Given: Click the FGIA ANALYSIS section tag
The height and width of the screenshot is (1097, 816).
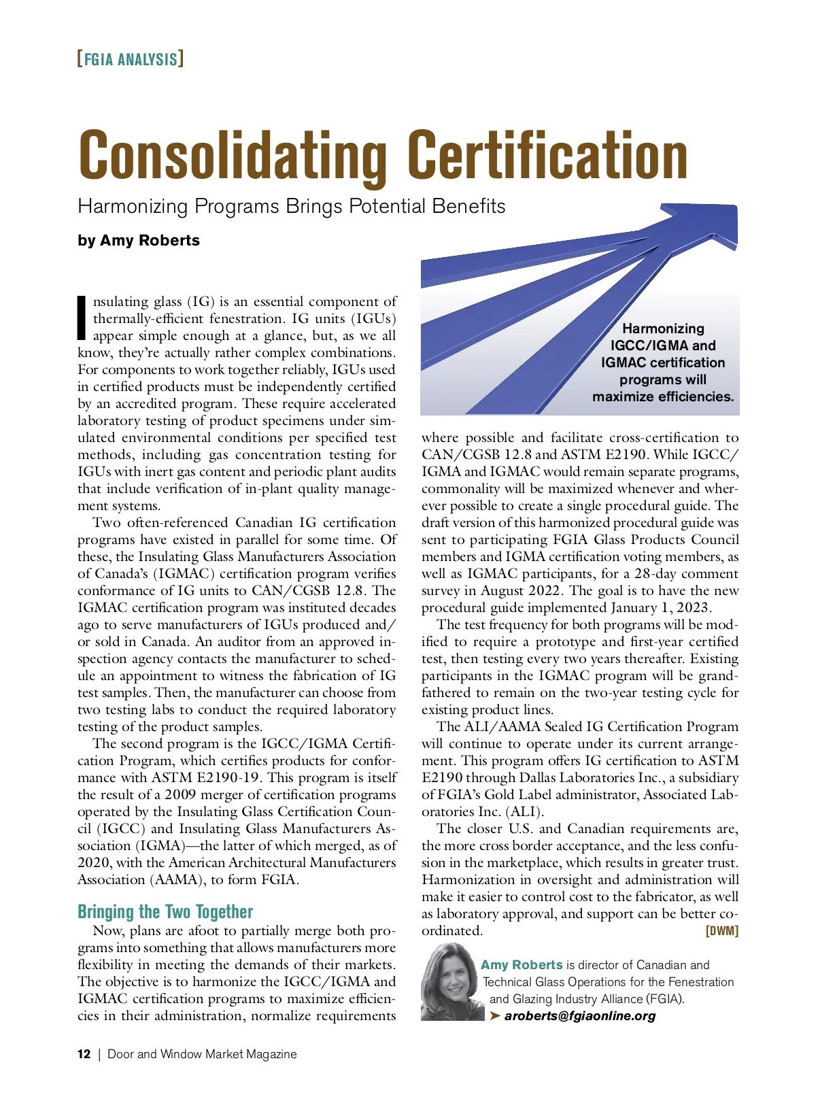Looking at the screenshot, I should [x=131, y=59].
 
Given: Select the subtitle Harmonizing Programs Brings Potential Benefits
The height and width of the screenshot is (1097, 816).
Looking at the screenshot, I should [x=291, y=206].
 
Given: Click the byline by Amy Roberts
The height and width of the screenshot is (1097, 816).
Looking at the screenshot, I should [x=139, y=240].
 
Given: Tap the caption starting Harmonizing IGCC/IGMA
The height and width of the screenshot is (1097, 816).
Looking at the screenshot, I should [x=663, y=362].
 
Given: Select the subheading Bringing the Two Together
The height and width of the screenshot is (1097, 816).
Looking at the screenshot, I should [x=165, y=911].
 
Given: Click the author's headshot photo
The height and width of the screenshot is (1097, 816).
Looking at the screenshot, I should [x=448, y=983].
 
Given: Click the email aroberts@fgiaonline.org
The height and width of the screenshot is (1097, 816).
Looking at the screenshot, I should [x=580, y=1015].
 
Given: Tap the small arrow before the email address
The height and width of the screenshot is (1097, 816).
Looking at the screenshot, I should [x=495, y=1015].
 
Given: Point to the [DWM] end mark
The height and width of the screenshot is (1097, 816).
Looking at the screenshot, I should [x=722, y=930].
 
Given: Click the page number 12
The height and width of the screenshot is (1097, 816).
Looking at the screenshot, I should [x=84, y=1054].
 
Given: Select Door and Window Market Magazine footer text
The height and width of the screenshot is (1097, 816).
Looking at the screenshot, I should [x=202, y=1054].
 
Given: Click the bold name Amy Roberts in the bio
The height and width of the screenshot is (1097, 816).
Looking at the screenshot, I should [x=522, y=964].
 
